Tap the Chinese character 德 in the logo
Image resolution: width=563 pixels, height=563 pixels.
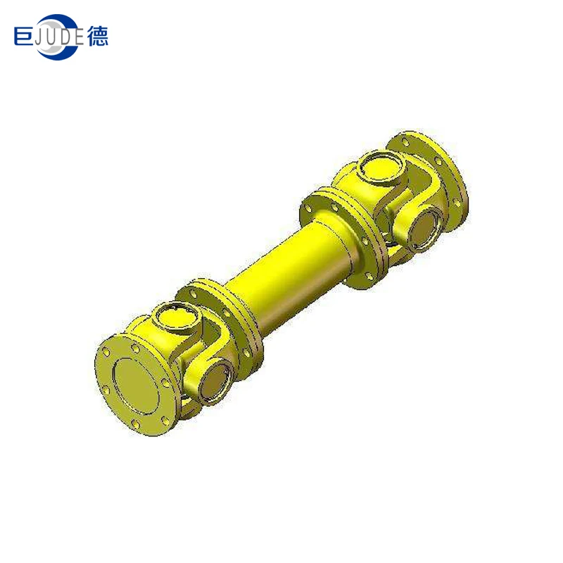click(x=98, y=36)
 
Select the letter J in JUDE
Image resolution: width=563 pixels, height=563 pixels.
click(x=40, y=37)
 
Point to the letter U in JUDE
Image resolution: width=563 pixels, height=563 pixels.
click(x=53, y=37)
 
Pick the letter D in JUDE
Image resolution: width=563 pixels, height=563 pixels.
click(x=67, y=37)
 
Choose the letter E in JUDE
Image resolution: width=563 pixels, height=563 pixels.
click(x=80, y=37)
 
